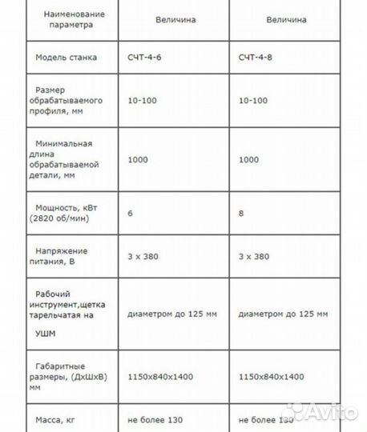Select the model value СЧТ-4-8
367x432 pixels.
257,58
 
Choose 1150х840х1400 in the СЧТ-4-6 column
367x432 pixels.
160,377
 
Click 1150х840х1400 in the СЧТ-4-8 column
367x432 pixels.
272,377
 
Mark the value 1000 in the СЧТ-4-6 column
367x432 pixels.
137,160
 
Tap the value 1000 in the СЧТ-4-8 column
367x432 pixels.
248,160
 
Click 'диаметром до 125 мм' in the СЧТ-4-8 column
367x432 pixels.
283,314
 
